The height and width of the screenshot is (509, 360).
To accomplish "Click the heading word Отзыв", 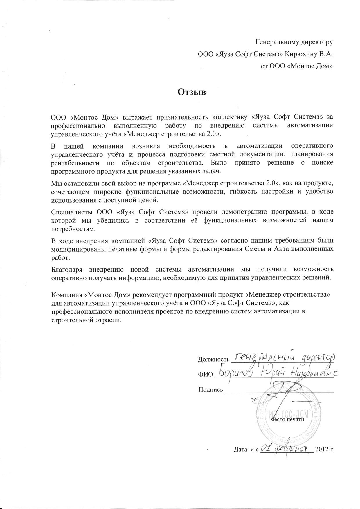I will pyautogui.click(x=191, y=92).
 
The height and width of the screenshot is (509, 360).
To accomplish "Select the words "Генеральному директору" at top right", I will pyautogui.click(x=294, y=42).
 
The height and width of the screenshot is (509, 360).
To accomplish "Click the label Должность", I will pyautogui.click(x=214, y=360).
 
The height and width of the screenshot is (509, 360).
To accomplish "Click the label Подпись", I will pyautogui.click(x=210, y=390).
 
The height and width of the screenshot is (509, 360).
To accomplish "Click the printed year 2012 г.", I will pyautogui.click(x=325, y=450).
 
